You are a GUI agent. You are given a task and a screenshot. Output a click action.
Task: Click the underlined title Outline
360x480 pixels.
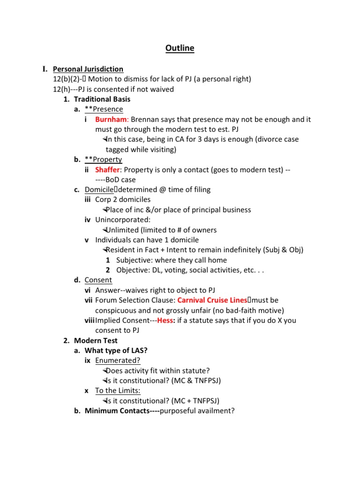click(180, 48)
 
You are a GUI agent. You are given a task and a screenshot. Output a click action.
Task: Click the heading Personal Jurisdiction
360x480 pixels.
click(88, 69)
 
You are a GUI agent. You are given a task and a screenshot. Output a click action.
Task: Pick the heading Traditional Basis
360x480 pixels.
click(102, 99)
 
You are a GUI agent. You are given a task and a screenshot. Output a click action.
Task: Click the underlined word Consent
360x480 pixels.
click(98, 280)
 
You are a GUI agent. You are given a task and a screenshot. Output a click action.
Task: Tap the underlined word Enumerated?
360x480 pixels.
click(118, 361)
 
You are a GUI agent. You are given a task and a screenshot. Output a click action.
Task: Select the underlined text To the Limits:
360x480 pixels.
click(118, 391)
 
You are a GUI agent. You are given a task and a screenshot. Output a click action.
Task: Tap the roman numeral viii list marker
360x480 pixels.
click(89, 321)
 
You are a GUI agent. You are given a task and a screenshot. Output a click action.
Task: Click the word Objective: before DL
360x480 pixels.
click(133, 270)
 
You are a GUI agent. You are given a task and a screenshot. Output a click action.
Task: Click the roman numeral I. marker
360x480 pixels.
click(45, 69)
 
